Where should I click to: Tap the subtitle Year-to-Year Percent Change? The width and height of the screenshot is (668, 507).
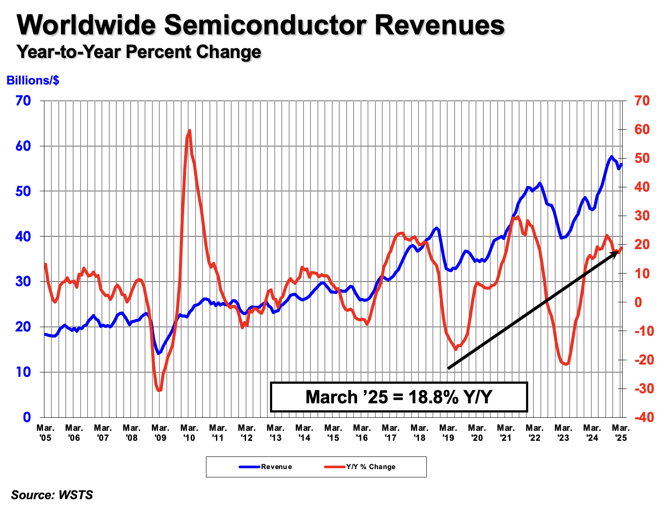click(138, 52)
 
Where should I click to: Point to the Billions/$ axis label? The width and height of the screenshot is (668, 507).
click(33, 81)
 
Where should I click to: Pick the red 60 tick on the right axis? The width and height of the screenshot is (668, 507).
click(641, 129)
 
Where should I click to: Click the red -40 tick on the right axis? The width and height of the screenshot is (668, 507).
click(644, 417)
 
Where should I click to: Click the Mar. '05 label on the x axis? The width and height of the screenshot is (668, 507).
click(45, 433)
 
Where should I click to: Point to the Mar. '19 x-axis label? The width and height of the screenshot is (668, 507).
click(448, 433)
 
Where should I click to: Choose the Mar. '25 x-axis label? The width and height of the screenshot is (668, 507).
click(621, 433)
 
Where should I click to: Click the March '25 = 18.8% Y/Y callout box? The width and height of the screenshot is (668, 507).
click(398, 397)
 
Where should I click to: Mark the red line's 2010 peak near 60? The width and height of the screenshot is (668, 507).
click(189, 130)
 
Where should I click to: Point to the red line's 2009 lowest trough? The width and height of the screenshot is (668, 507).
click(159, 390)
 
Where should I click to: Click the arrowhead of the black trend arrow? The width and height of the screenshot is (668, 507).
click(616, 253)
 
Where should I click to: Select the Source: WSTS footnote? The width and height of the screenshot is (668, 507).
click(52, 495)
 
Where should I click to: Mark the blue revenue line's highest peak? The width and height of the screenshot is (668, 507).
click(611, 157)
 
